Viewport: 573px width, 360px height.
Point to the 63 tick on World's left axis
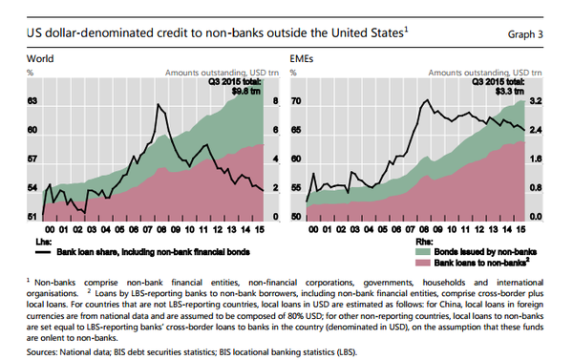point(32,100)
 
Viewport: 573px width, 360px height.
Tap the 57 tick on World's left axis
point(32,159)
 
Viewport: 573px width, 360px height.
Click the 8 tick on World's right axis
point(276,100)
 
